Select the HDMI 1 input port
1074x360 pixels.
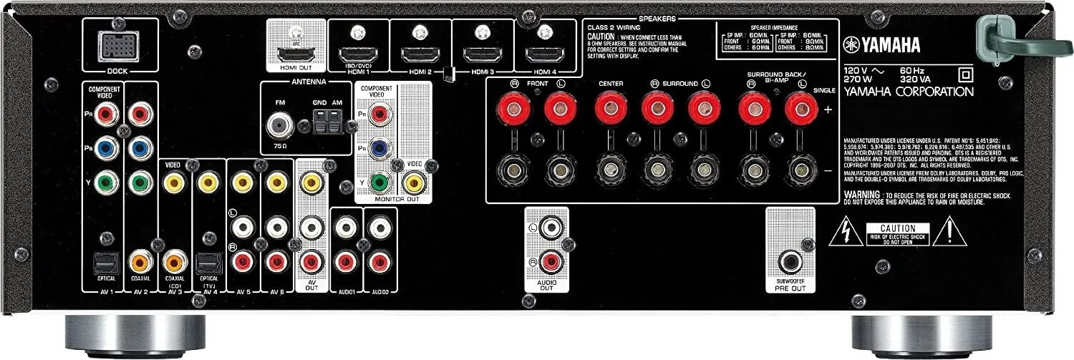click(358, 54)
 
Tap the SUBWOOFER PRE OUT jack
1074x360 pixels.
click(790, 262)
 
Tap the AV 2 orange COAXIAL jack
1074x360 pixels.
click(141, 261)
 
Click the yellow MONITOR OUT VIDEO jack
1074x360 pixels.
click(412, 183)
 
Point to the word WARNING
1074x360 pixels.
click(862, 195)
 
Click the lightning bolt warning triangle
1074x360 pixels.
click(846, 230)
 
